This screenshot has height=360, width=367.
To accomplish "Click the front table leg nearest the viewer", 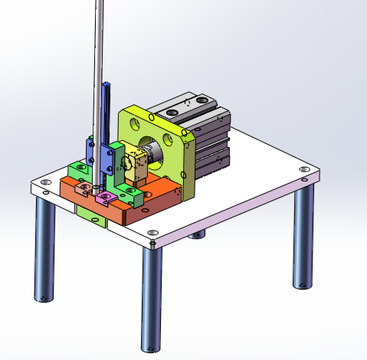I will point(152,299).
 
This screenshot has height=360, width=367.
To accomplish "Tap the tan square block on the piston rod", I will point(138,165).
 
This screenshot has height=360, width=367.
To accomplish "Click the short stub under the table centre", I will point(198,233).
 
